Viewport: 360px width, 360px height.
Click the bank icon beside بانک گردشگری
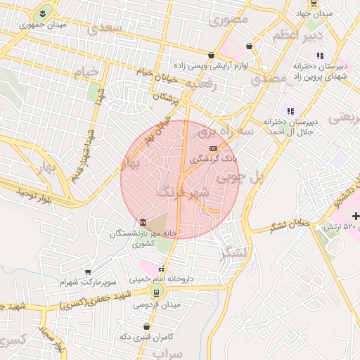[x=213, y=148]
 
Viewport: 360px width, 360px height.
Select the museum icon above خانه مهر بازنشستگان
[x=143, y=222]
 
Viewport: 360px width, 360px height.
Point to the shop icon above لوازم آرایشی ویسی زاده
[x=211, y=55]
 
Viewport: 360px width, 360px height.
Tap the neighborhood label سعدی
[x=104, y=29]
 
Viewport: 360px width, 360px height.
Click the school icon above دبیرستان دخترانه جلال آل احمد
[x=289, y=110]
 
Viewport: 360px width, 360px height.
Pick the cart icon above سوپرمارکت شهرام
[x=87, y=271]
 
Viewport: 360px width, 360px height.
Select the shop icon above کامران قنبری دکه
[x=146, y=326]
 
